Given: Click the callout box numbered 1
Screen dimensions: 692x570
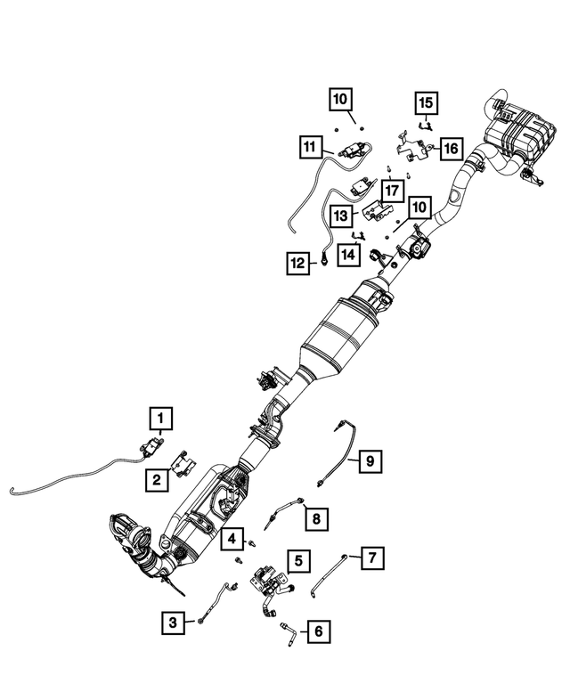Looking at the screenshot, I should click(x=160, y=416).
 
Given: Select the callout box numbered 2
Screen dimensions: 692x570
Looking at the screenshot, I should click(x=156, y=480).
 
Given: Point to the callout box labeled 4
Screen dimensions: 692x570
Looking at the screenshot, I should click(x=232, y=539).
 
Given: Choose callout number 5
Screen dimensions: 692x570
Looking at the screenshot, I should click(x=300, y=560).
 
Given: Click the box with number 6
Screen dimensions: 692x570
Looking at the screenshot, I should click(x=317, y=631).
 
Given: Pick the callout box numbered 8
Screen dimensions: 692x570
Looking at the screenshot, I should click(x=313, y=516).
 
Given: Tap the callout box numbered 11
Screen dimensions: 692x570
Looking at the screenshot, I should click(x=309, y=146).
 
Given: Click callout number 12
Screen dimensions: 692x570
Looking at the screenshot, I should click(x=297, y=262).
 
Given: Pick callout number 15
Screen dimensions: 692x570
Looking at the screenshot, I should click(x=427, y=103).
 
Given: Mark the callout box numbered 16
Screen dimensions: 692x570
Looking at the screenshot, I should click(x=451, y=147).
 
